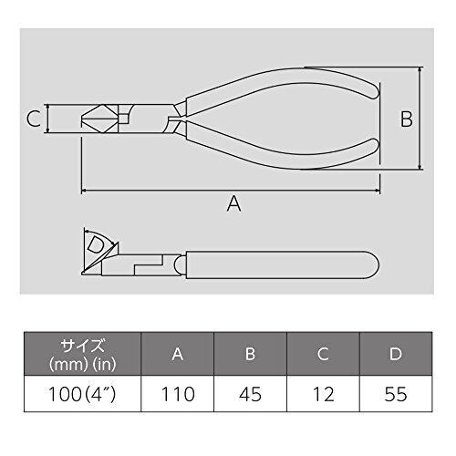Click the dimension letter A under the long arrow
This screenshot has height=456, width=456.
(233, 203)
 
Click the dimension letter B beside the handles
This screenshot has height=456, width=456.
(406, 119)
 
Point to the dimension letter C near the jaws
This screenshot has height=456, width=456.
(34, 119)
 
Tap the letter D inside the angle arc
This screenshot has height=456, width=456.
(96, 245)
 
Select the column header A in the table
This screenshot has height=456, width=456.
(178, 354)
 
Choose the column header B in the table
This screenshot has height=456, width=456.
(250, 354)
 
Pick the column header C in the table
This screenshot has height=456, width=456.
(323, 354)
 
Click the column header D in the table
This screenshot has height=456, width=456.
(396, 354)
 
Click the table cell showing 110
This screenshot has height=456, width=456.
(178, 394)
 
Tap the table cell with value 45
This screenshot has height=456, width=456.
(250, 394)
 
